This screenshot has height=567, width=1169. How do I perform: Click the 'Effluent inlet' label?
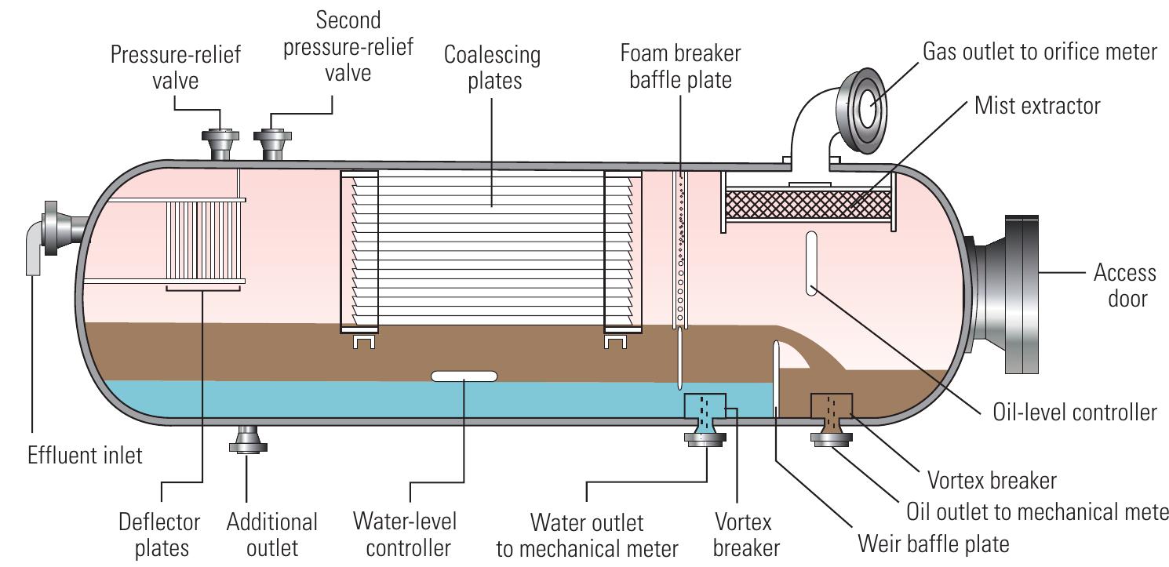[86, 454]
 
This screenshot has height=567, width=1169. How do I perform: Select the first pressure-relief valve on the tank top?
[220, 144]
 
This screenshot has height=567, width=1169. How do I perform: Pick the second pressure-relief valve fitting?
[273, 144]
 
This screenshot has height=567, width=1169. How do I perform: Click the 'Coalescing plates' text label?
[492, 67]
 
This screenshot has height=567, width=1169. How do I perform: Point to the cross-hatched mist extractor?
[807, 205]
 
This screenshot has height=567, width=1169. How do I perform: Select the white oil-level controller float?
[811, 263]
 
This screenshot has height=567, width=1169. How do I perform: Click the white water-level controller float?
[464, 376]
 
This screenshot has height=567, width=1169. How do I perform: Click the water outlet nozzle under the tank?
[705, 427]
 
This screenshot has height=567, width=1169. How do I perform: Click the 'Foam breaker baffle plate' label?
[680, 67]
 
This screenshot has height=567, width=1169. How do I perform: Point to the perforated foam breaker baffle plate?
[680, 251]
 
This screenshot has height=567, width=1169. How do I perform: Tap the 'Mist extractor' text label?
[1037, 105]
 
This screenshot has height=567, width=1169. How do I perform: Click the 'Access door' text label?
[1124, 285]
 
